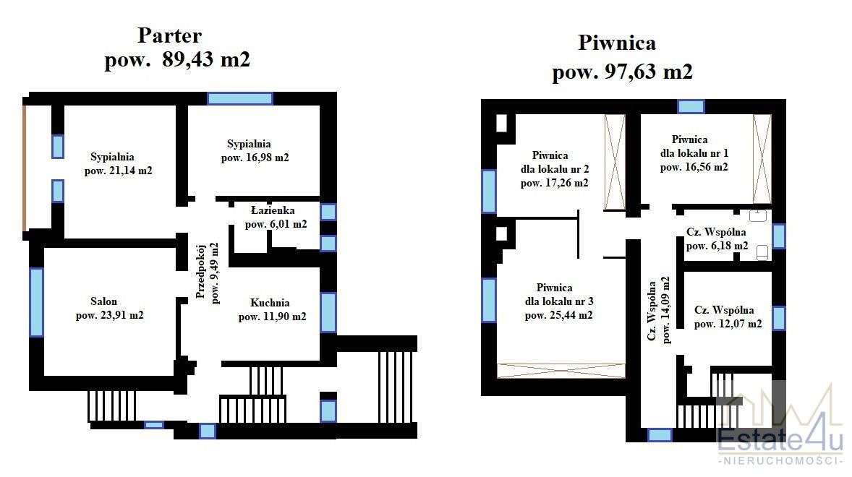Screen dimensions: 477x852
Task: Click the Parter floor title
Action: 169,35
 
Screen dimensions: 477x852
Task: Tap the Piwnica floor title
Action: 617,43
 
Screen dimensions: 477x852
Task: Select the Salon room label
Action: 103,301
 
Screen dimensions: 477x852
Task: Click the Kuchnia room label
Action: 270,303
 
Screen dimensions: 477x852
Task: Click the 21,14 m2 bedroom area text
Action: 118,171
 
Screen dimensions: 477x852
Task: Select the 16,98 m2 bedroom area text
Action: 255,158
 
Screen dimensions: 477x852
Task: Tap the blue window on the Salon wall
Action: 36,302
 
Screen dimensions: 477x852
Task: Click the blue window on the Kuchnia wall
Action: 328,312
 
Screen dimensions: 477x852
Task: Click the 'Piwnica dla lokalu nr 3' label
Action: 555,301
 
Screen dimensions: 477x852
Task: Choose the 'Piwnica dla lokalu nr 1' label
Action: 689,152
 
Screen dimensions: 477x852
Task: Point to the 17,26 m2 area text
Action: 554,184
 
